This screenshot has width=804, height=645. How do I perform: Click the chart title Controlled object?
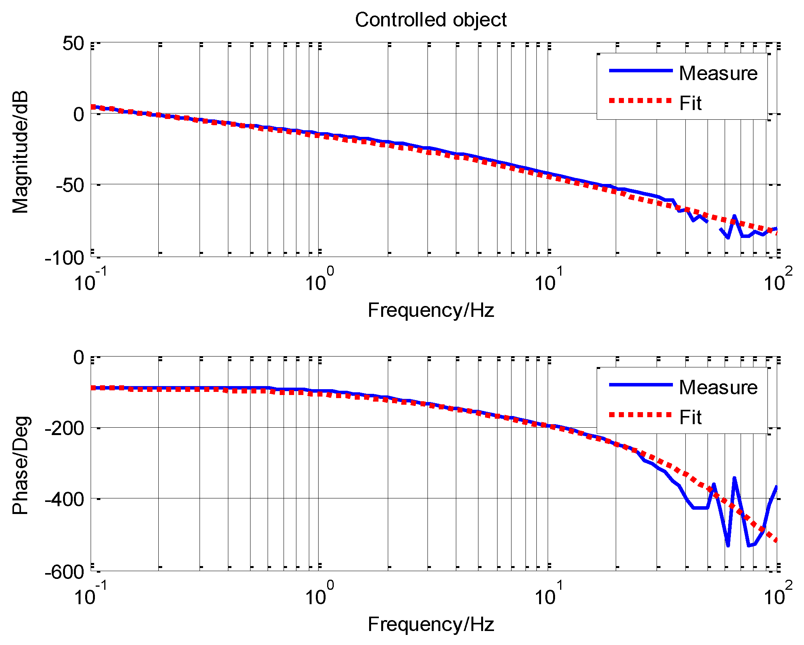[431, 20]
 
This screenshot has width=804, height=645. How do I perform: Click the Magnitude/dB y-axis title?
[20, 152]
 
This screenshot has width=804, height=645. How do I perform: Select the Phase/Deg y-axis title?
[20, 465]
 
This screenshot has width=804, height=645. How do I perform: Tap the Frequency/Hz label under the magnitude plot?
[431, 310]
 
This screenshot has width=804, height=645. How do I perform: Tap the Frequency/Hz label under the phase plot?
[431, 624]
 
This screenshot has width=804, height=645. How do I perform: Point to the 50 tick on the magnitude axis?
[74, 44]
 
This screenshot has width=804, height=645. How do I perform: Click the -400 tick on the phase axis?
[65, 499]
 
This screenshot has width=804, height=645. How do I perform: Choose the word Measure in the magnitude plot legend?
[718, 73]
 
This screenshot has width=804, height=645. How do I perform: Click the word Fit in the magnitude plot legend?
[690, 103]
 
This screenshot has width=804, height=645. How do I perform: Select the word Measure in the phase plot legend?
[718, 387]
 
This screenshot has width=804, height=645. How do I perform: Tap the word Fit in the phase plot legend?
[690, 418]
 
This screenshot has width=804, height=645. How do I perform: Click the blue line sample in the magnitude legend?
[641, 70]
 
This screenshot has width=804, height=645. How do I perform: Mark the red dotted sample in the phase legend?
[641, 415]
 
